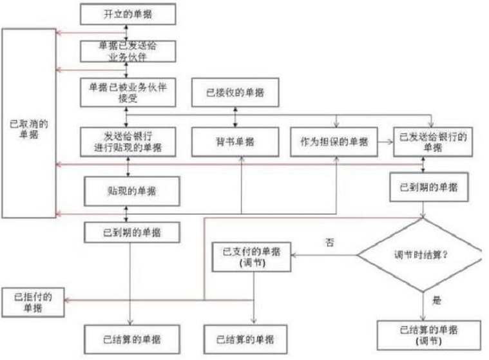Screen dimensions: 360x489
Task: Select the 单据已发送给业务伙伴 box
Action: [129, 51]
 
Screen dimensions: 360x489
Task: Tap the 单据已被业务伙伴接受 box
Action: [128, 92]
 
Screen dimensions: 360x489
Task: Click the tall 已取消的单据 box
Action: [28, 123]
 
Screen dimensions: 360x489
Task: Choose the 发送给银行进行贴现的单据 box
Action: [128, 141]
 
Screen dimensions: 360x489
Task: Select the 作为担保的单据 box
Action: [333, 141]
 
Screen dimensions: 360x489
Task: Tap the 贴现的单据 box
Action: [131, 191]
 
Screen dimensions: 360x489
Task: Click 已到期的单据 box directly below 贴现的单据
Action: [131, 231]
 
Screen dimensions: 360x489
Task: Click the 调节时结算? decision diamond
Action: [422, 255]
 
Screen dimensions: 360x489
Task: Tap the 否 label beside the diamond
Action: [331, 242]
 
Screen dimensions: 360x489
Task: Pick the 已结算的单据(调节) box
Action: [428, 335]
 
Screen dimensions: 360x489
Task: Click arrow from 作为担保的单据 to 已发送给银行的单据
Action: [386, 140]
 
